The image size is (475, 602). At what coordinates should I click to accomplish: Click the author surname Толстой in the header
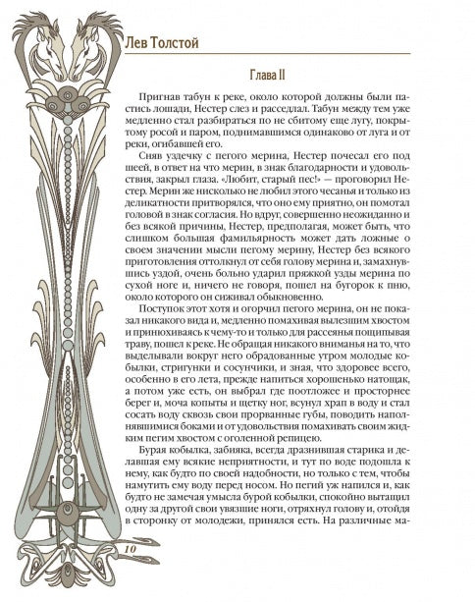click(178, 44)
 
